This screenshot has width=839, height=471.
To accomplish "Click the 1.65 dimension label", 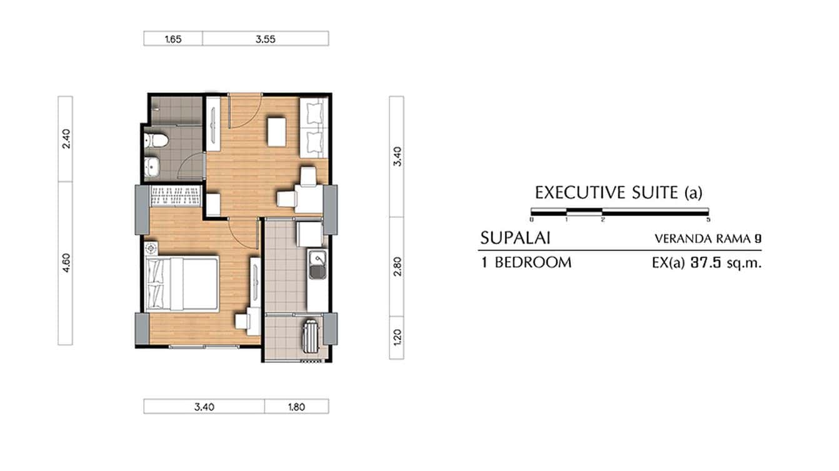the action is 173,39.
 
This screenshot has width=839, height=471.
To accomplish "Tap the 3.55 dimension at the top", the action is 266,39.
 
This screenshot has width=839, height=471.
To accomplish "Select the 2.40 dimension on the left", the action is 66,139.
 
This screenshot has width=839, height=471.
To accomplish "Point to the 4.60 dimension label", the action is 66,263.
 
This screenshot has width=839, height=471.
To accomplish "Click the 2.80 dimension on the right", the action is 398,266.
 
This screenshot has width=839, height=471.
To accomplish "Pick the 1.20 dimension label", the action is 398,338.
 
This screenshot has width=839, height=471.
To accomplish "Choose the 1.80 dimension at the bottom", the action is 296,407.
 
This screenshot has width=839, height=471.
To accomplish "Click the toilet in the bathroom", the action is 156,141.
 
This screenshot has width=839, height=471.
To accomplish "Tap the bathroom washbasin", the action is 153,166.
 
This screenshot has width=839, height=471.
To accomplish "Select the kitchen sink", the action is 317,265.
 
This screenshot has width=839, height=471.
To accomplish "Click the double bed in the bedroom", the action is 183,284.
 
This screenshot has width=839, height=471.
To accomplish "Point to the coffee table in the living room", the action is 277,131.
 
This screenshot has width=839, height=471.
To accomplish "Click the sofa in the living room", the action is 314,127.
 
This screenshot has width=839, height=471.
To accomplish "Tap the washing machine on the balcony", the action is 311,336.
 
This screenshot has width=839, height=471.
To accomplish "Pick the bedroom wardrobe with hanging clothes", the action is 176,196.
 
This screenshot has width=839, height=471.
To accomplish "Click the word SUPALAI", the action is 515,238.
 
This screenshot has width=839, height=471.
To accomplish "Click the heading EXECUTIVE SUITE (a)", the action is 618,192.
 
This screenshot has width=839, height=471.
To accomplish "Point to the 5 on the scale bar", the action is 708,220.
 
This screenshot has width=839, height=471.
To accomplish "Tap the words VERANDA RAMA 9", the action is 708,238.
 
